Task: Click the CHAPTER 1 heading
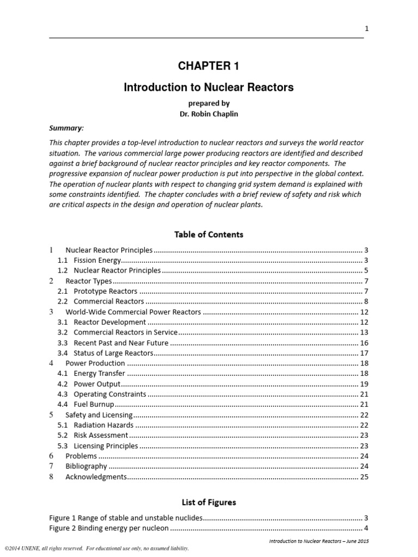point(208,66)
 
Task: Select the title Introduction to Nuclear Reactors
point(208,87)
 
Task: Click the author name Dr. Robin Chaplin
point(208,114)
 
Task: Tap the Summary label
point(67,128)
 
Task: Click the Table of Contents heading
point(208,234)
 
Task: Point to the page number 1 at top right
point(366,29)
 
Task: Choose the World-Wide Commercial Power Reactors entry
point(133,312)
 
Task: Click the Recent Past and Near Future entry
point(121,343)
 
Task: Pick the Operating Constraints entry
point(109,394)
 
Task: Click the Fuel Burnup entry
point(94,404)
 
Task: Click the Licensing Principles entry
point(106,445)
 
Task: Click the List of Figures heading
point(208,502)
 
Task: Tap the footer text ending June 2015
point(319,541)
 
